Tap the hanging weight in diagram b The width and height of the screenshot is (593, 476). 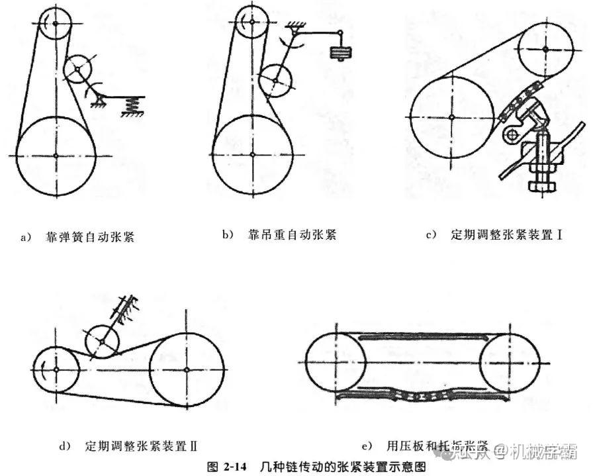[340, 52]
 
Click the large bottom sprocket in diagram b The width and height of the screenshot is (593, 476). [254, 156]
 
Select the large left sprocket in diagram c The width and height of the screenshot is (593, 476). [451, 117]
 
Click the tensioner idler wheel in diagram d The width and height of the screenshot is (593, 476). [102, 341]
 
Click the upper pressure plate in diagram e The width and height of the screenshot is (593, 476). [421, 338]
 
